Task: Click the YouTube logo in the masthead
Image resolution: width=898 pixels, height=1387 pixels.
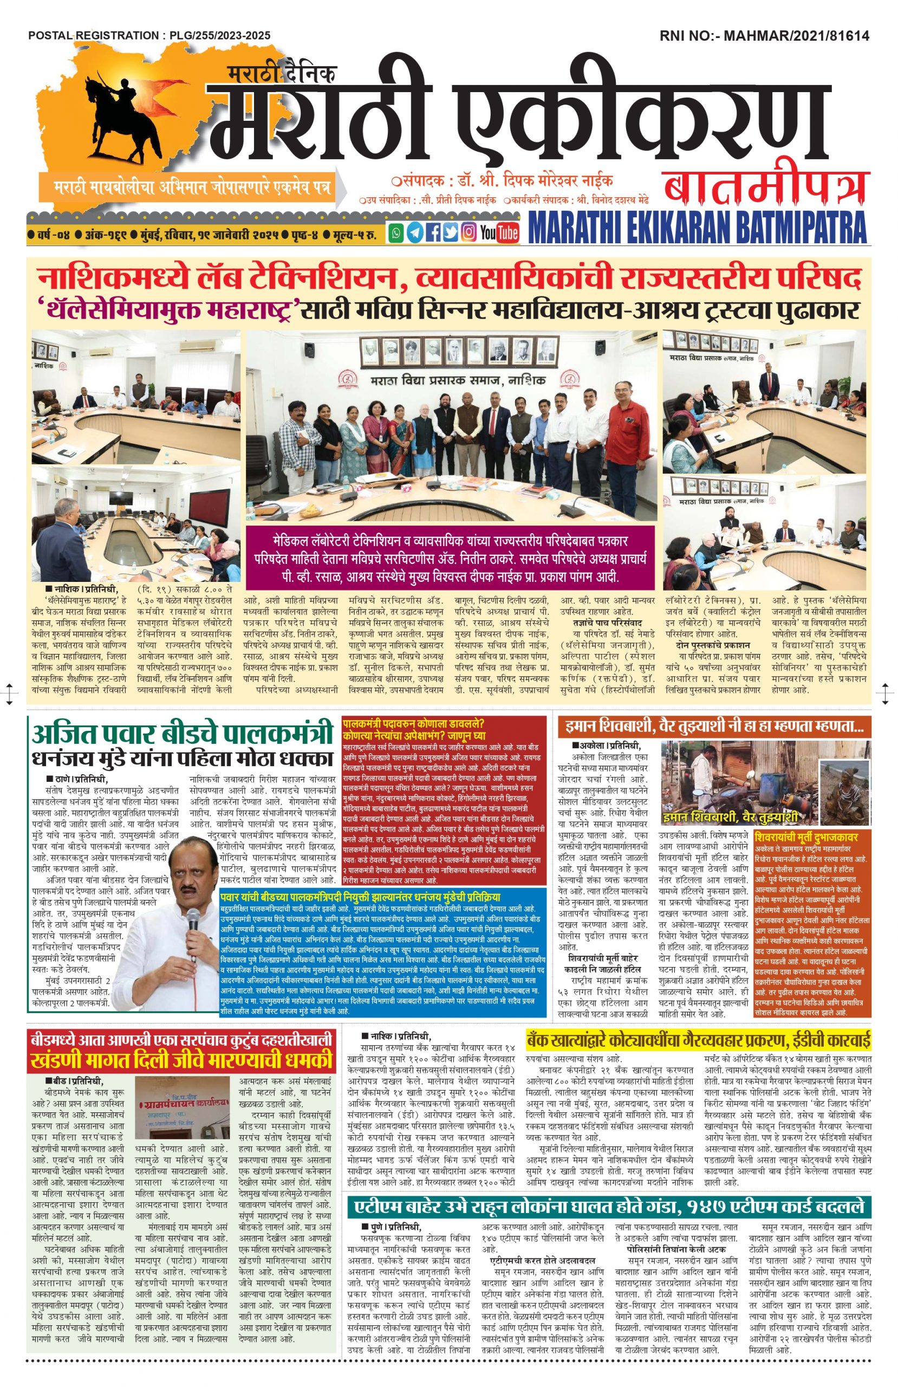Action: pos(499,232)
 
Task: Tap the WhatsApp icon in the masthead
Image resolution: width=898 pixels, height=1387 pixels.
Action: pos(396,232)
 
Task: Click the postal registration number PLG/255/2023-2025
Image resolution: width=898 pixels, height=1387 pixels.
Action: pos(220,36)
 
